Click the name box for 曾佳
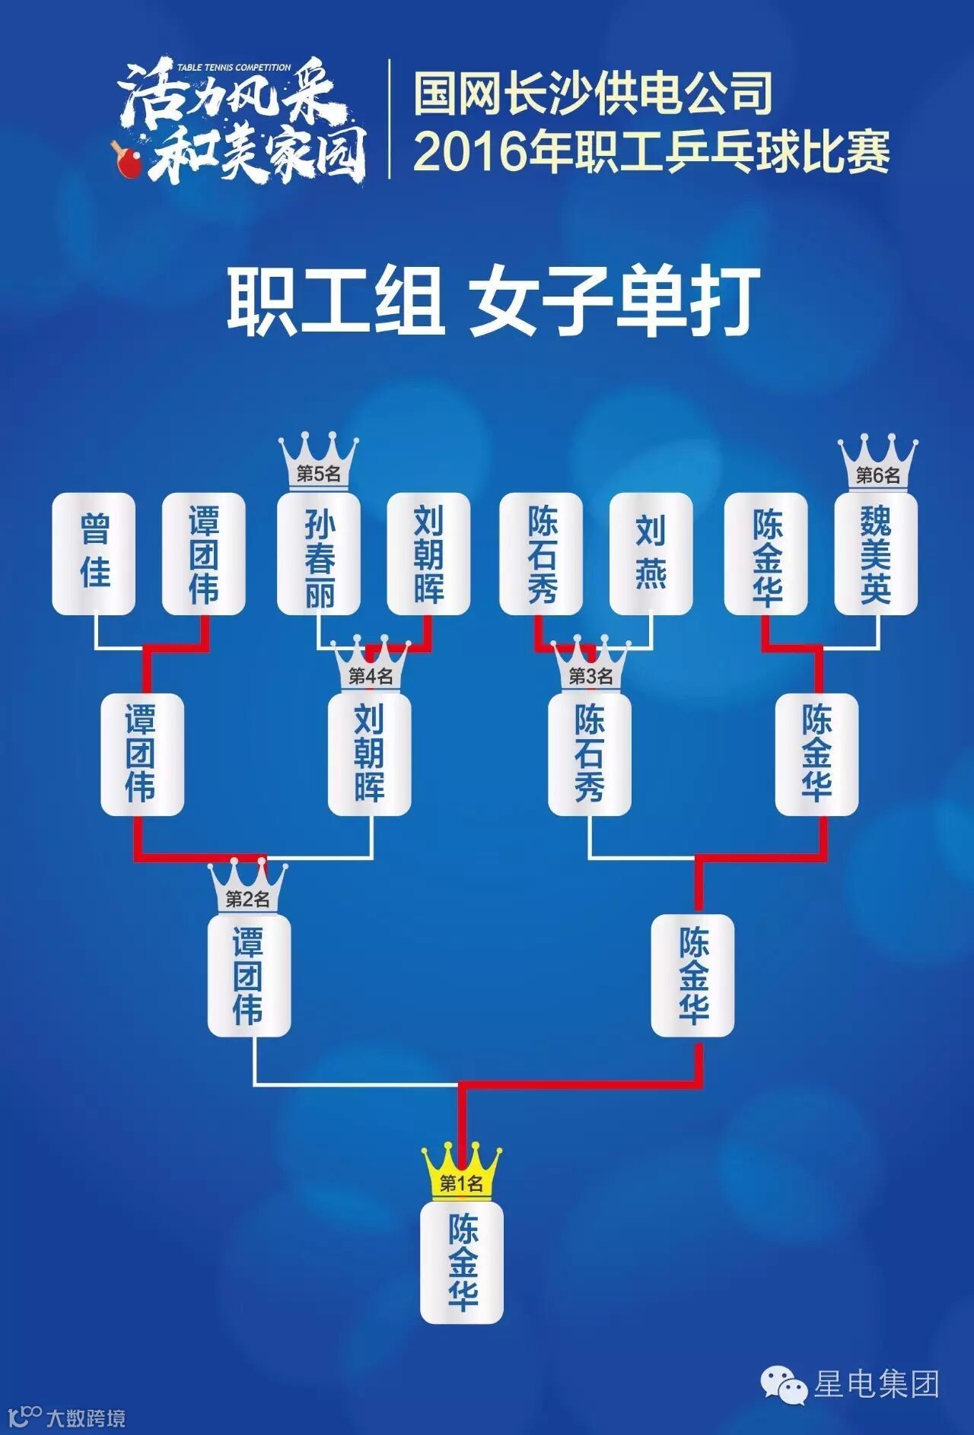coord(94,553)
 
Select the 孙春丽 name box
coord(318,553)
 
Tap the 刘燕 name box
coord(651,553)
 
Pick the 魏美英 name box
coord(876,553)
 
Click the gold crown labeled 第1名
coord(462,1175)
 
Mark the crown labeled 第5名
coord(318,464)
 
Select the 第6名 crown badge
coord(878,464)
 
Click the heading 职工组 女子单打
coord(493,302)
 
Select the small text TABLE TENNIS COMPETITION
coord(234,68)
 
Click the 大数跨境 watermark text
coord(85,1417)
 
